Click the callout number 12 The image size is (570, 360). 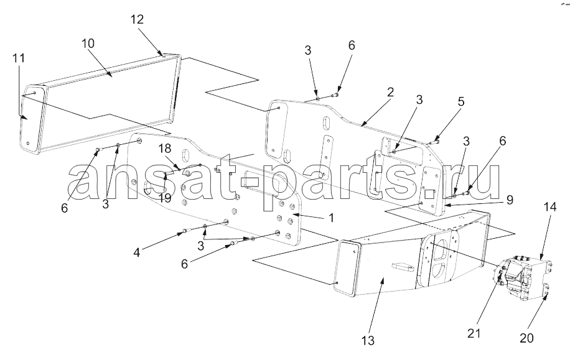click(x=137, y=20)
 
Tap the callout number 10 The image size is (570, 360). click(x=88, y=44)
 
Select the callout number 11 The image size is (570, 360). click(x=19, y=58)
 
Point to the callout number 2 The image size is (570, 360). click(x=390, y=92)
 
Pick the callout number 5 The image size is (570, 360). click(x=461, y=101)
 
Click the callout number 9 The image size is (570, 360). click(x=510, y=200)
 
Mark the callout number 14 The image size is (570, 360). click(x=550, y=207)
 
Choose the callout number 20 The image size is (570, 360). click(x=526, y=338)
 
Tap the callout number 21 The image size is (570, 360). click(x=474, y=333)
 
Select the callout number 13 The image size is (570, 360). click(x=368, y=341)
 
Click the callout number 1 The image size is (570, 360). click(x=331, y=218)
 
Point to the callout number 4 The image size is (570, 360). click(x=137, y=252)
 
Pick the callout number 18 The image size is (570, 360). click(x=164, y=148)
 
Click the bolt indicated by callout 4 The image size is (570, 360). click(x=185, y=230)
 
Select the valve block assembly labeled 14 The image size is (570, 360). click(x=523, y=278)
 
